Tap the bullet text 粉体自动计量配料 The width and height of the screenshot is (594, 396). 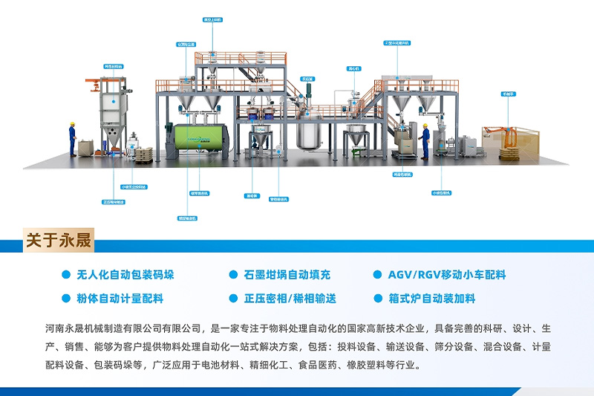(120, 299)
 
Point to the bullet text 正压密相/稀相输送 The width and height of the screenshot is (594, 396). (290, 299)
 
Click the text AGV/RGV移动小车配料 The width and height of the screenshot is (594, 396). (446, 275)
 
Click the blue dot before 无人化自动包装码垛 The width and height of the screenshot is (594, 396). (66, 275)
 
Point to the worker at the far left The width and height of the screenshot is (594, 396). (73, 140)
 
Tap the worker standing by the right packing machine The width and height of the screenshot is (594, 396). (425, 141)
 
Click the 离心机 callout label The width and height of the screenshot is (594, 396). (353, 68)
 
